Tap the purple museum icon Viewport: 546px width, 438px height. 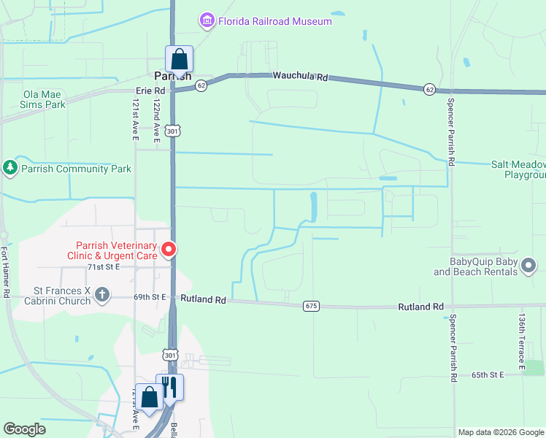pyautogui.click(x=207, y=20)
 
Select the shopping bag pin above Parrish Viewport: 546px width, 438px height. pyautogui.click(x=178, y=58)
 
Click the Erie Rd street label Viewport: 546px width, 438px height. pyautogui.click(x=151, y=91)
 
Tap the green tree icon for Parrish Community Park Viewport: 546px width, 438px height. pyautogui.click(x=10, y=169)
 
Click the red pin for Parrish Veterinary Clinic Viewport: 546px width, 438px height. pyautogui.click(x=169, y=250)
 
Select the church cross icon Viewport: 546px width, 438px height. pyautogui.click(x=103, y=295)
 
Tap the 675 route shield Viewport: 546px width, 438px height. pyautogui.click(x=312, y=306)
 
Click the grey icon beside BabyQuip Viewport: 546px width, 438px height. pyautogui.click(x=529, y=267)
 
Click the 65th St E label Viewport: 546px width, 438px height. pyautogui.click(x=488, y=374)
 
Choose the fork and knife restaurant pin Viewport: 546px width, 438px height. pyautogui.click(x=169, y=388)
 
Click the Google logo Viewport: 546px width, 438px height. pyautogui.click(x=24, y=429)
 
